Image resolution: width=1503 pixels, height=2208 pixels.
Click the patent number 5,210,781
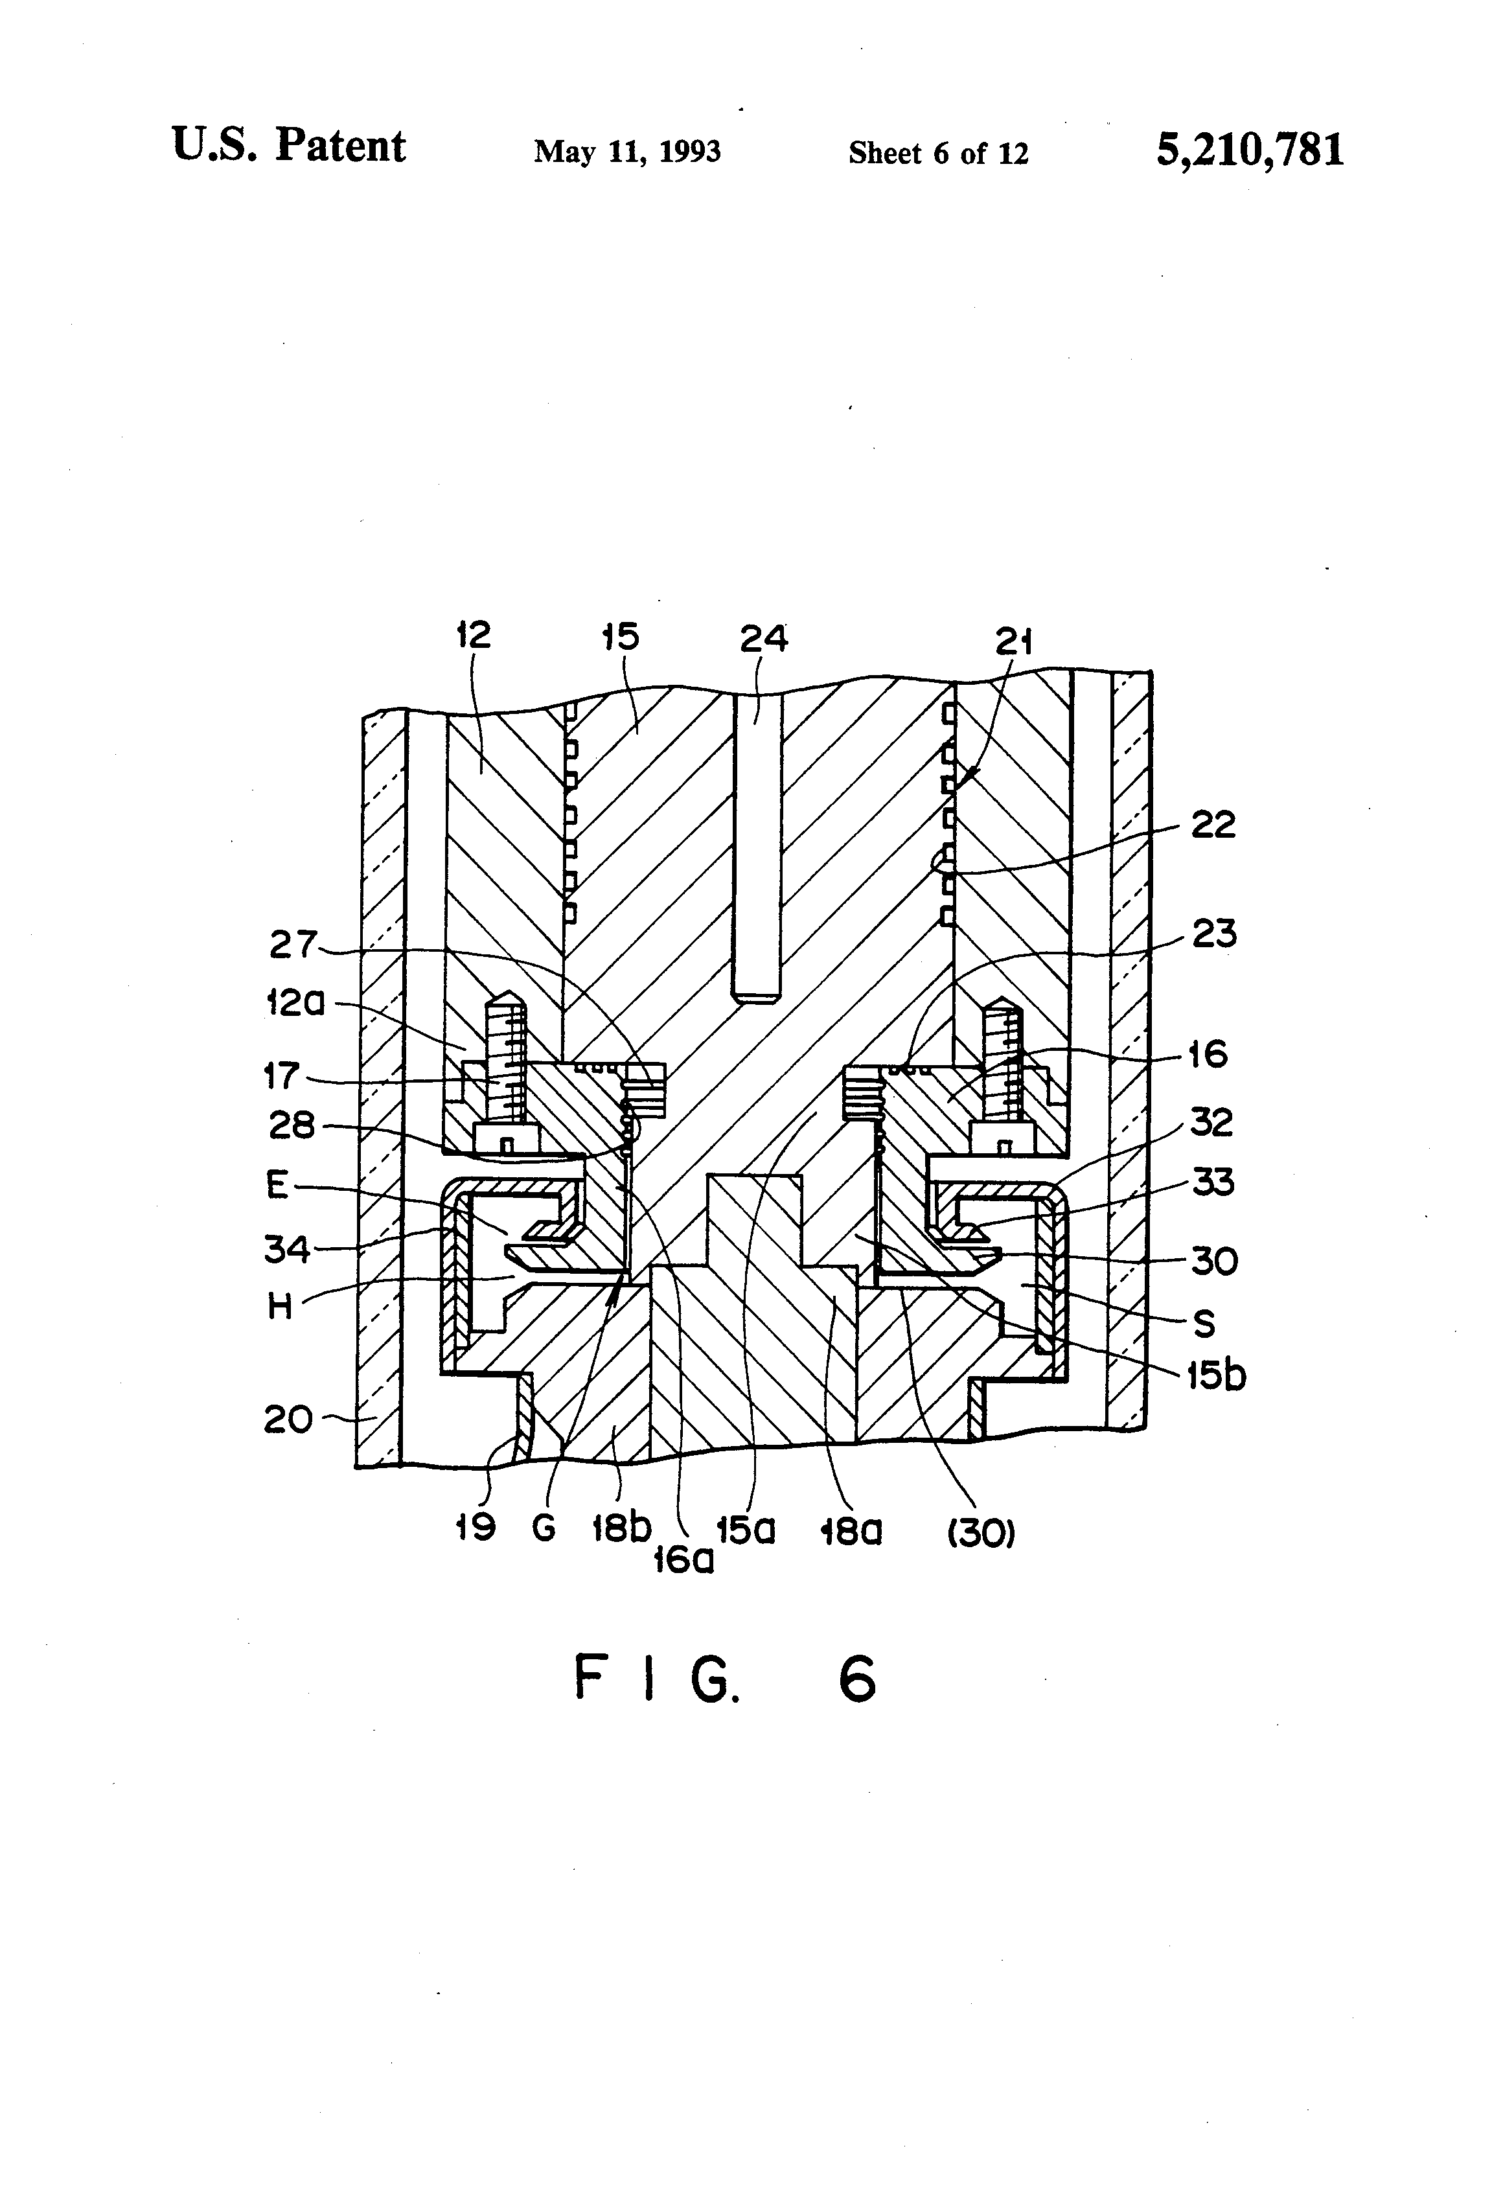[1249, 150]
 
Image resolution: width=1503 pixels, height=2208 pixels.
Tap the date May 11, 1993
[627, 152]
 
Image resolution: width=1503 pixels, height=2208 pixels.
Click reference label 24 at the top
[764, 638]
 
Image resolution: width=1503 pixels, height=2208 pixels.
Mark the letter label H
[279, 1307]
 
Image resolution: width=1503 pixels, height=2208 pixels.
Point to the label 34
[287, 1247]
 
